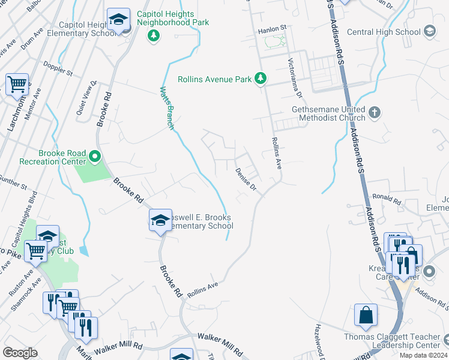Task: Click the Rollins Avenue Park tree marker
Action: click(260, 79)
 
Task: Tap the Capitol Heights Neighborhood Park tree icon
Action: click(154, 35)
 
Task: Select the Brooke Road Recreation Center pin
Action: click(95, 157)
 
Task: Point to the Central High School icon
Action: click(429, 31)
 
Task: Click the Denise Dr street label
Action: click(246, 179)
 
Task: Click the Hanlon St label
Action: click(273, 28)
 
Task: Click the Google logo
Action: click(20, 353)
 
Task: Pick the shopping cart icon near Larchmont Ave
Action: click(17, 85)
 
